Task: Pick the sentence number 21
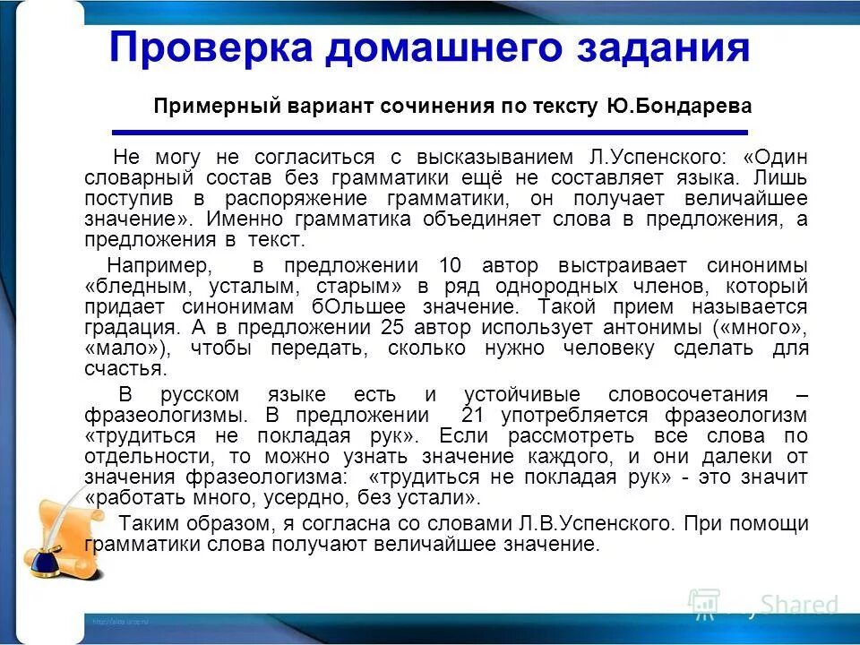474,416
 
